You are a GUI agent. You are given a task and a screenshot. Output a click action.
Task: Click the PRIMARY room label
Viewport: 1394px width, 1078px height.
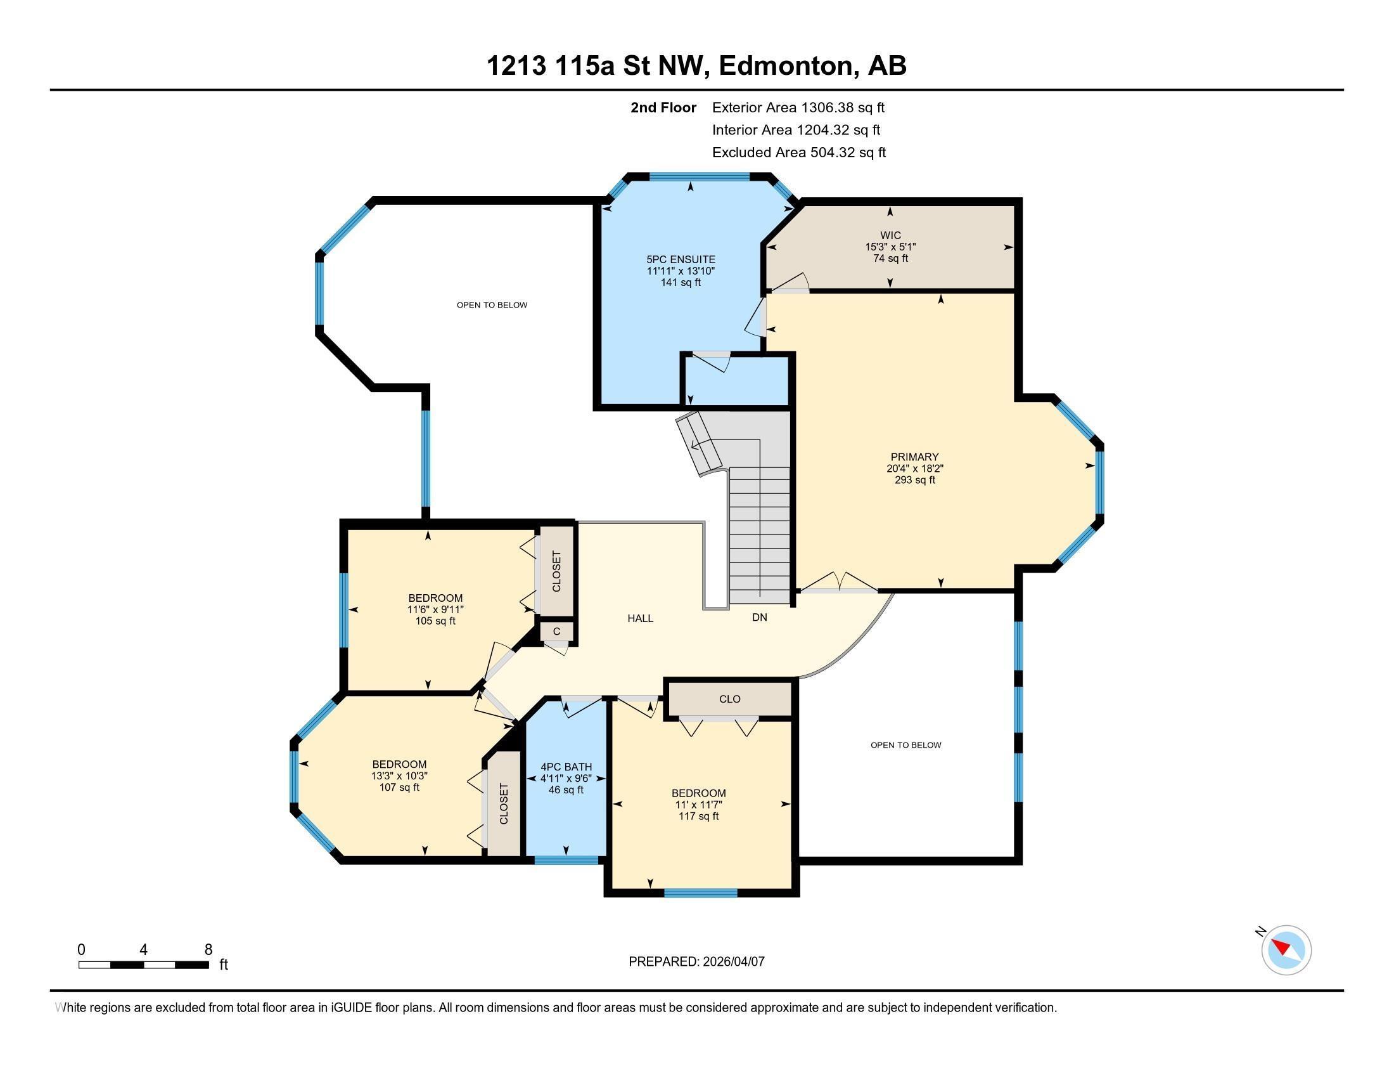point(914,457)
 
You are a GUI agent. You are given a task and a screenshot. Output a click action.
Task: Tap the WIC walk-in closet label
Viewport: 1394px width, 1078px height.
point(890,236)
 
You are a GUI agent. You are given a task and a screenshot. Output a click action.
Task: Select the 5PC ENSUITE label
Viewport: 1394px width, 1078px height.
point(681,259)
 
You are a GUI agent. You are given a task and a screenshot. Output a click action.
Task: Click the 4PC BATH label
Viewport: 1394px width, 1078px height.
point(566,767)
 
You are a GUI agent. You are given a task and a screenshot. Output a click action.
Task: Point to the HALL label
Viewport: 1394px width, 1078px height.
point(640,618)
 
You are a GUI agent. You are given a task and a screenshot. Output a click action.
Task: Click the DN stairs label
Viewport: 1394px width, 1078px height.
point(760,618)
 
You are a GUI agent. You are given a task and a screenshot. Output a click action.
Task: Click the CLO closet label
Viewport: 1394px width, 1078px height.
point(729,699)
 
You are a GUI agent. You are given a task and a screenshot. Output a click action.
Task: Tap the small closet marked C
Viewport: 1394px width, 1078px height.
point(556,632)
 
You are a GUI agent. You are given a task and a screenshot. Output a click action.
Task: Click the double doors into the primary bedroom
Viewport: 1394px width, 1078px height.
point(840,583)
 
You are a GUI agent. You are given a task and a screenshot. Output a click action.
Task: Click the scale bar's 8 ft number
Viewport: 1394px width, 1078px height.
point(208,950)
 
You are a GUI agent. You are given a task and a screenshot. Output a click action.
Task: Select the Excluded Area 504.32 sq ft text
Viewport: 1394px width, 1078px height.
point(798,153)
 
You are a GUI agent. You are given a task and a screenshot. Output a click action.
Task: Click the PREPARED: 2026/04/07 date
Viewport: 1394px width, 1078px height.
point(696,962)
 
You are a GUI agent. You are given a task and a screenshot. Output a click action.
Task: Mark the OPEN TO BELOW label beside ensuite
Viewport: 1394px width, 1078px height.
point(492,305)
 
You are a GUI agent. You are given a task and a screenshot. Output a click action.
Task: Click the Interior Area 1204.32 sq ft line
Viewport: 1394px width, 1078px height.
point(796,130)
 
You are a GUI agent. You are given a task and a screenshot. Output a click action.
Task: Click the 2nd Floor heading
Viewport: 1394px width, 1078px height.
point(663,108)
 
